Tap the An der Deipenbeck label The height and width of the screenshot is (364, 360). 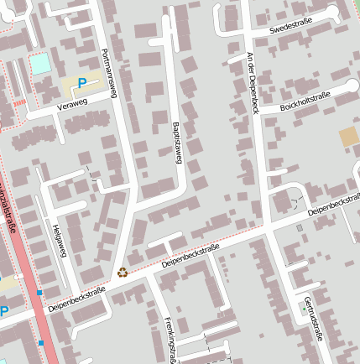click(253, 83)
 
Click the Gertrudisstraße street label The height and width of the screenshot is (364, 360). click(313, 320)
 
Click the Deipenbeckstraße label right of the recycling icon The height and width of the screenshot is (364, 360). click(190, 257)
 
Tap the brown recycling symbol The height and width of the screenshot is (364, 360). click(123, 272)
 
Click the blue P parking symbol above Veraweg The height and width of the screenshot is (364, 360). click(82, 83)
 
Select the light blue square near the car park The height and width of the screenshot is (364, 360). click(39, 64)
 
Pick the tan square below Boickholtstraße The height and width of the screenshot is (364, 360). click(347, 137)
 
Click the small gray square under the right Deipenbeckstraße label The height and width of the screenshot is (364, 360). click(300, 227)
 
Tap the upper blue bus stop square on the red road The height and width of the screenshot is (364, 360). click(39, 293)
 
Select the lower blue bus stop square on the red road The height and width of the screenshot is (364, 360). click(40, 342)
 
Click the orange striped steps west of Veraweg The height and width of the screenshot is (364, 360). click(18, 103)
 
